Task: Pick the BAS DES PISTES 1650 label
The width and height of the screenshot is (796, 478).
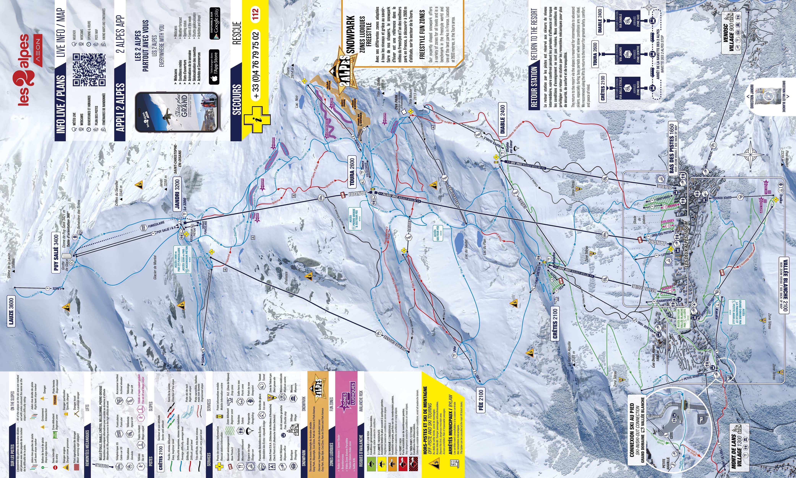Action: point(672,148)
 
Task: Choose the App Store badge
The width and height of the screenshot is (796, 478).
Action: point(214,67)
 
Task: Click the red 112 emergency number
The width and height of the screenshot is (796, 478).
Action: point(255,14)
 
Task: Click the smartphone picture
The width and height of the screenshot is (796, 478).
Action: point(176,112)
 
